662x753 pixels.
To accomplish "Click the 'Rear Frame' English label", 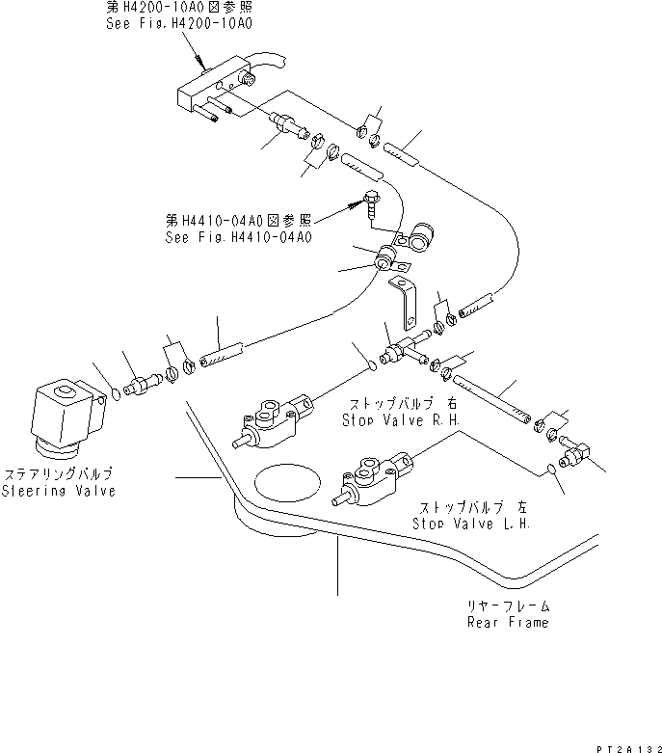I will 508,622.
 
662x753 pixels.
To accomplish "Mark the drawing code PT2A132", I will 626,745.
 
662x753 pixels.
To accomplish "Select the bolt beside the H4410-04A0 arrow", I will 370,204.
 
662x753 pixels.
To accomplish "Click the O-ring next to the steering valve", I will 116,393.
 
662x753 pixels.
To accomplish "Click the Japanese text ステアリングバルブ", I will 59,474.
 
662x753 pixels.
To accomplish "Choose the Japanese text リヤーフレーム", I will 509,606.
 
